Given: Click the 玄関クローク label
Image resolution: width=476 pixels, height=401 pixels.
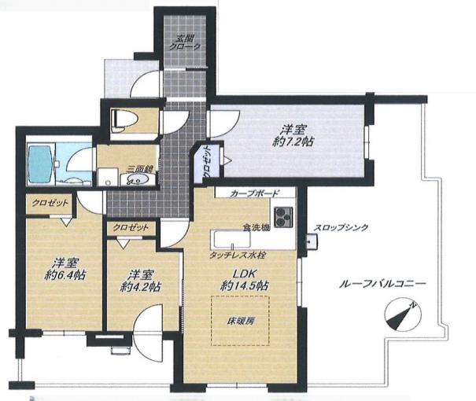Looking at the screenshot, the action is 185,42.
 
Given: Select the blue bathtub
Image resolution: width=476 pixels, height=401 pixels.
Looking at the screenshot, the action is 40,164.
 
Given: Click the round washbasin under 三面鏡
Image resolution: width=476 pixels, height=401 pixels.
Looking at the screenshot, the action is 135,179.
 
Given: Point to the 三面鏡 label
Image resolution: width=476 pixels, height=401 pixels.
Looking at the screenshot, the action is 140,169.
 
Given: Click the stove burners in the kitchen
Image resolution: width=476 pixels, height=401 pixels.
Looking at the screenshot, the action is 283,217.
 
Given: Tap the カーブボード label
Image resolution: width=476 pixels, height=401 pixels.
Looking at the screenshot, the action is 254,193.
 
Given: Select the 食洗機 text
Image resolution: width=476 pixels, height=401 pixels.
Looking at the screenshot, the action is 256,227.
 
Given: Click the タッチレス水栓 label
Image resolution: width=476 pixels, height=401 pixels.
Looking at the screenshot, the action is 238,256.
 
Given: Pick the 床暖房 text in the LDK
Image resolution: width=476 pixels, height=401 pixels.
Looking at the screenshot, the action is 241,321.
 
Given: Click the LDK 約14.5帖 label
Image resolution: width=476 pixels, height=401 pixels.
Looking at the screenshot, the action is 245,279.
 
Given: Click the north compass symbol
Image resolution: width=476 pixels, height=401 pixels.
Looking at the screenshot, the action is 402,316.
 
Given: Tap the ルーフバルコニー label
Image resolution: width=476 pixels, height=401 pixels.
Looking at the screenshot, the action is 382,284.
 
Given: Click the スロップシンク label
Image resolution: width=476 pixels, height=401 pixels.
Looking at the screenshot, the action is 341,227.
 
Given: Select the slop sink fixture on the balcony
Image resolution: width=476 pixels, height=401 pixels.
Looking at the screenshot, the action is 312,242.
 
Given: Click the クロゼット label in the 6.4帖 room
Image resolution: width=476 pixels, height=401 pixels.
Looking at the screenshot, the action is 50,203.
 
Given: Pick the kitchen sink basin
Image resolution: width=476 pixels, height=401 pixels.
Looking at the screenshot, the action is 232,240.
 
